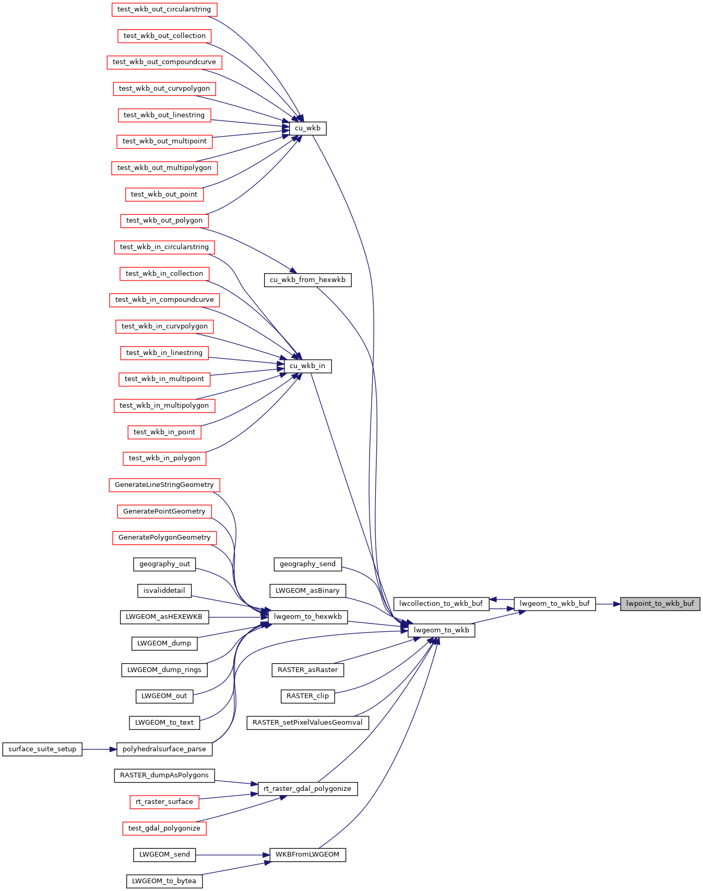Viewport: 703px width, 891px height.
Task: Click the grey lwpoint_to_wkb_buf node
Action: [660, 604]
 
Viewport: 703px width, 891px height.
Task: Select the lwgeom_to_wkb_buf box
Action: [555, 604]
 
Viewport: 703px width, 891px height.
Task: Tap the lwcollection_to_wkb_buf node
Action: [441, 604]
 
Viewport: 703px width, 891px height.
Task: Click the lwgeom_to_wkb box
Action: [442, 630]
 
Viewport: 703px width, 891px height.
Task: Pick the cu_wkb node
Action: [308, 128]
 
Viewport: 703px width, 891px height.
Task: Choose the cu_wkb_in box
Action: [307, 366]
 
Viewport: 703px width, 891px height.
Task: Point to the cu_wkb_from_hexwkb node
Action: [308, 280]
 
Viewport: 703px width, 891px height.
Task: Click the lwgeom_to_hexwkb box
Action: [308, 617]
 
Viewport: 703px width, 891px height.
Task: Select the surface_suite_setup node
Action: [42, 749]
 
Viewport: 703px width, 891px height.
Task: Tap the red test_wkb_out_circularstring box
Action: [164, 9]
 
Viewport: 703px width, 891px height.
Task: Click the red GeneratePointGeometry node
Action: [164, 511]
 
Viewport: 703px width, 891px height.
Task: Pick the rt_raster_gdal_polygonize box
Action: [307, 789]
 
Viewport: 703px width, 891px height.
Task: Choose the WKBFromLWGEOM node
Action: [307, 855]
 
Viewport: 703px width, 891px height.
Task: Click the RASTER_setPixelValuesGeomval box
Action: [308, 723]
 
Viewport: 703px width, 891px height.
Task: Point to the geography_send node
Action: [308, 564]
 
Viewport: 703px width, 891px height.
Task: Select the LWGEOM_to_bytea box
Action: [164, 881]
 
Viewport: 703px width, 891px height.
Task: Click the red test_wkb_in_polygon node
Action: [164, 458]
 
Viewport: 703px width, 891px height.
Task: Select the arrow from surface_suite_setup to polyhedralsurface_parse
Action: [99, 749]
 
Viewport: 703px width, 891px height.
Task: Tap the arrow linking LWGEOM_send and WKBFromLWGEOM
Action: [233, 855]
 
